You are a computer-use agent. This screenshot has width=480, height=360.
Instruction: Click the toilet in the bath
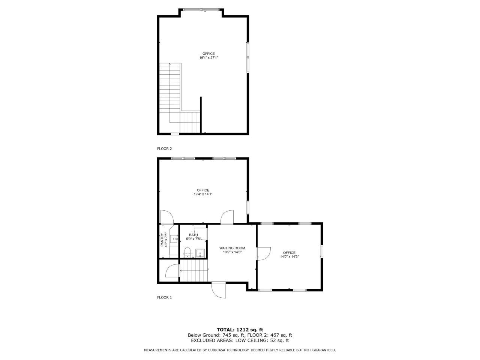pyautogui.click(x=188, y=251)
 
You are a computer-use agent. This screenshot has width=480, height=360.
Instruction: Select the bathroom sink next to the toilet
pyautogui.click(x=201, y=253)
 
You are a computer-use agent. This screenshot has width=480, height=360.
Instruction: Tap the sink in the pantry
pyautogui.click(x=174, y=238)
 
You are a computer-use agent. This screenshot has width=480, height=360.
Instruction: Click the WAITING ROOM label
pyautogui.click(x=232, y=248)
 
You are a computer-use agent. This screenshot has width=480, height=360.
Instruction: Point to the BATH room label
pyautogui.click(x=193, y=235)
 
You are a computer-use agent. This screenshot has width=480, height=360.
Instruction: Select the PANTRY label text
pyautogui.click(x=162, y=240)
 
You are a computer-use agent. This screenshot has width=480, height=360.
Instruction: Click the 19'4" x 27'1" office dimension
pyautogui.click(x=208, y=58)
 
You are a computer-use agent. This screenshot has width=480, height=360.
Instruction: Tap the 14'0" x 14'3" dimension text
pyautogui.click(x=289, y=257)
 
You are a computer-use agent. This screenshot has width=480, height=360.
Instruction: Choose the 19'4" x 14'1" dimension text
pyautogui.click(x=203, y=194)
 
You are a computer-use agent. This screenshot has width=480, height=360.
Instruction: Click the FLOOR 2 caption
pyautogui.click(x=164, y=148)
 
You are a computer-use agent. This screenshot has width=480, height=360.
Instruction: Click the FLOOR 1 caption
pyautogui.click(x=164, y=297)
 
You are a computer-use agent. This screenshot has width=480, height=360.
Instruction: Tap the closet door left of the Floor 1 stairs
pyautogui.click(x=172, y=271)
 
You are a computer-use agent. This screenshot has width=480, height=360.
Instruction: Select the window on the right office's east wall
pyautogui.click(x=321, y=252)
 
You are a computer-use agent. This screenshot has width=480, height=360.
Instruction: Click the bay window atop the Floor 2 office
pyautogui.click(x=202, y=9)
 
